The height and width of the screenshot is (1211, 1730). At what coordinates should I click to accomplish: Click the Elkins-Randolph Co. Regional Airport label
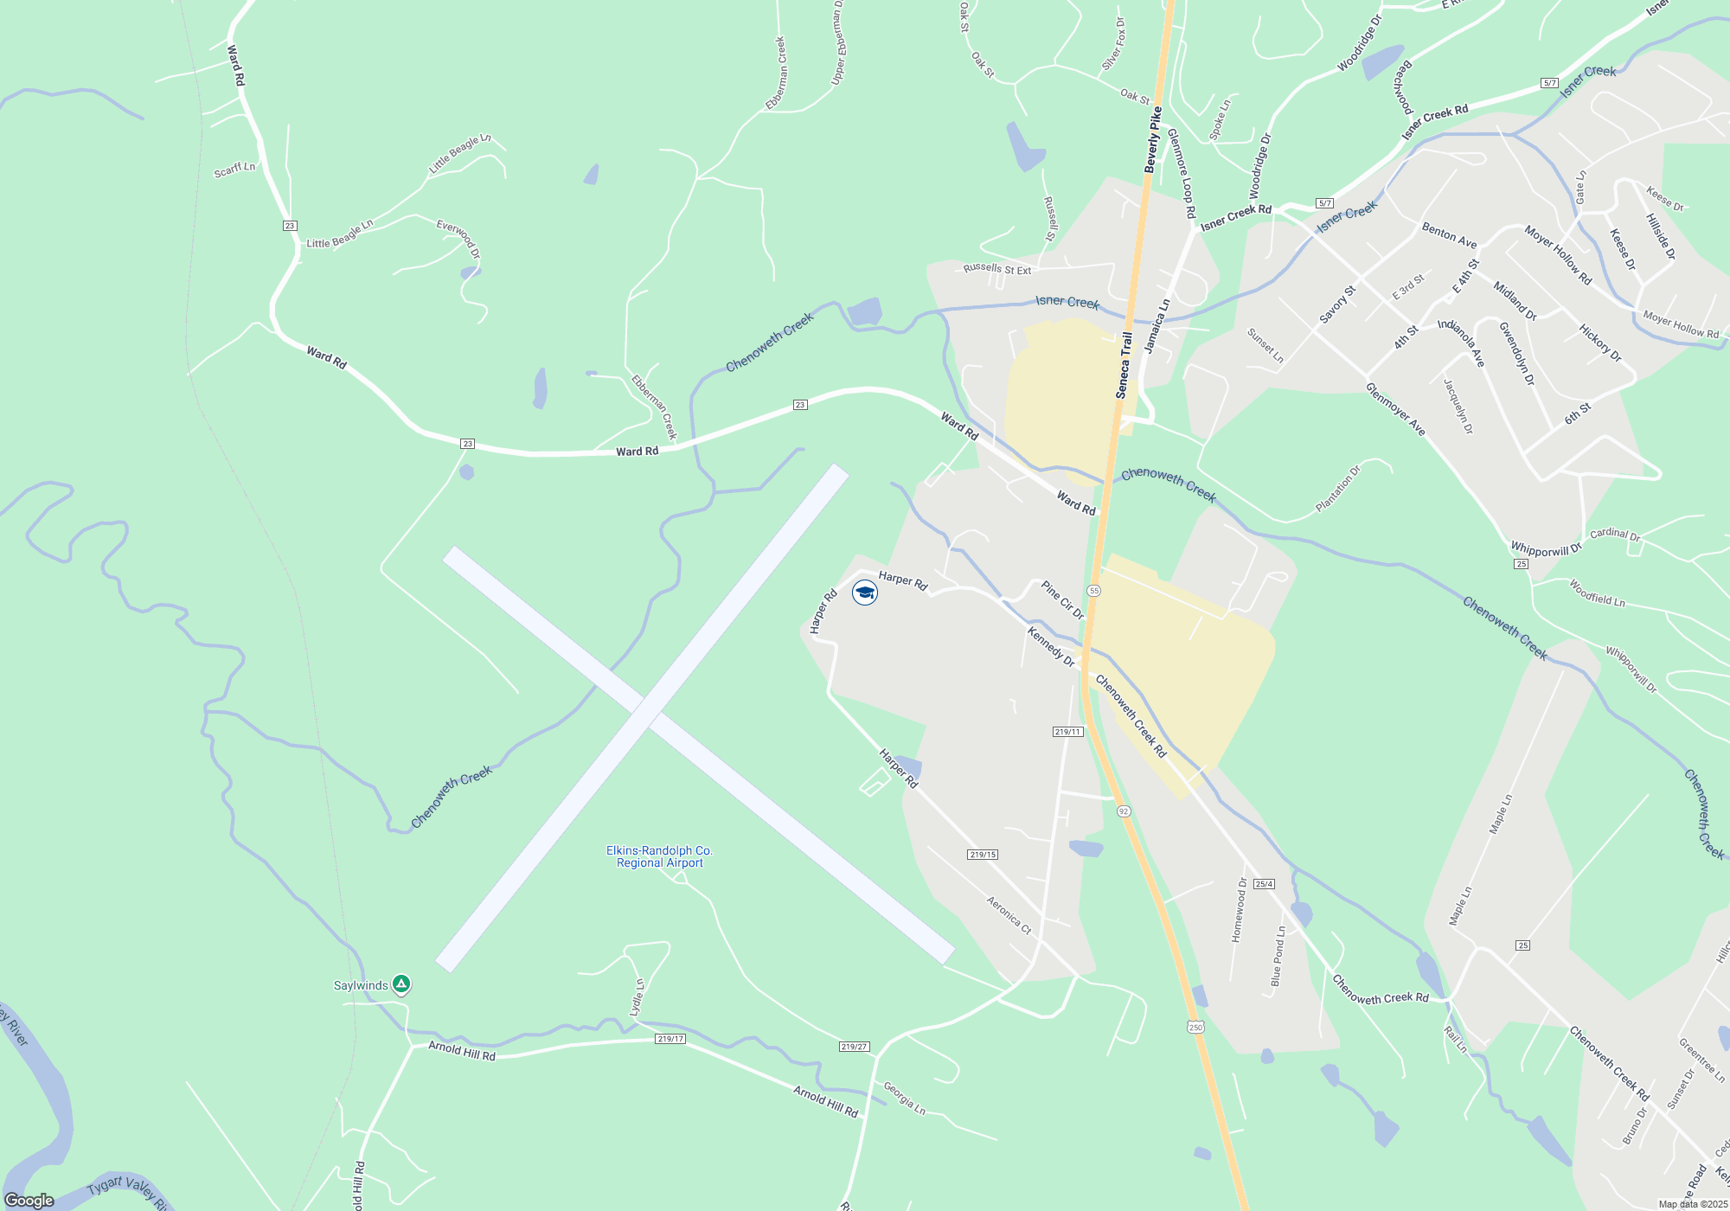[660, 856]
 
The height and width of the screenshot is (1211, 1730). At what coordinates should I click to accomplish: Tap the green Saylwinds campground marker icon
[400, 984]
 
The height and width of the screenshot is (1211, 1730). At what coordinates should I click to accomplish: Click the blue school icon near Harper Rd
[864, 593]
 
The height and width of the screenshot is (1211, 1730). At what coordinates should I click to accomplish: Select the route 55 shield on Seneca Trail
[1094, 591]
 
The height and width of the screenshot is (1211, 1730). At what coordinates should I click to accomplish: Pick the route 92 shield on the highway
[1124, 811]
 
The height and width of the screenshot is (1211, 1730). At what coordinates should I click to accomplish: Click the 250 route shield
[1195, 1027]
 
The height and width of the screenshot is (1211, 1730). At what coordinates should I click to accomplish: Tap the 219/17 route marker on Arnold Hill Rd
[670, 1039]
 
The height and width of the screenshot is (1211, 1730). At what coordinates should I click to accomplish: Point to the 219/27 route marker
[853, 1047]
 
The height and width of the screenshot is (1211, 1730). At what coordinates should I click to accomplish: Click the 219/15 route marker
[983, 855]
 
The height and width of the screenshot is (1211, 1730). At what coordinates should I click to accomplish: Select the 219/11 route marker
[1068, 732]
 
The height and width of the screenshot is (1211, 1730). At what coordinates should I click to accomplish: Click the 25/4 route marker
[1264, 884]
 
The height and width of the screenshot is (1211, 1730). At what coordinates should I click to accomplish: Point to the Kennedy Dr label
[1050, 647]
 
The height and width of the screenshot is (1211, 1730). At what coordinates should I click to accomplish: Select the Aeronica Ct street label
[1009, 915]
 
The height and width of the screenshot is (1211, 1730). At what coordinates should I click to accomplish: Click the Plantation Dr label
[1337, 489]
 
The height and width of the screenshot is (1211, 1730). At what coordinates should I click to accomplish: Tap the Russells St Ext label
[996, 269]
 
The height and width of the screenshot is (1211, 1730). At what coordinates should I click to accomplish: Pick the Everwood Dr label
[458, 239]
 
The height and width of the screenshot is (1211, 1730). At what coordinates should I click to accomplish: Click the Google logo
[29, 1201]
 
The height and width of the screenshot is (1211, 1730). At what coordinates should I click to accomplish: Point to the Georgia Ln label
[904, 1098]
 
